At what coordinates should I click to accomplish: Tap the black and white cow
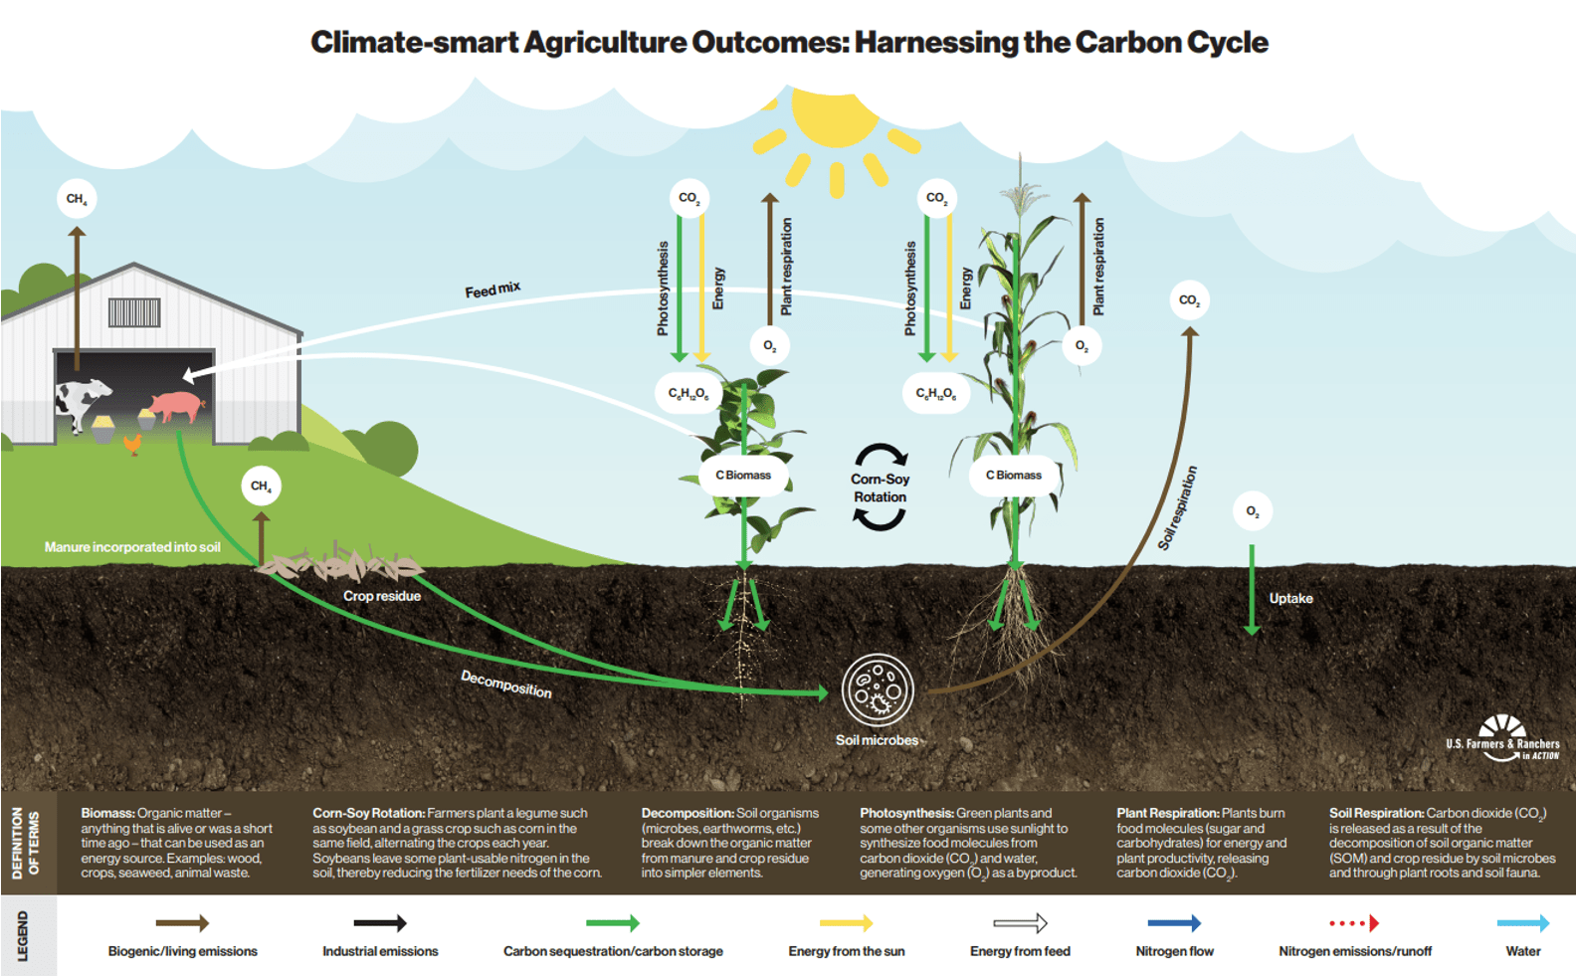82,400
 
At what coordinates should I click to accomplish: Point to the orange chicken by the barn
132,443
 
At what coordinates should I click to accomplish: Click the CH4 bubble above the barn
77,199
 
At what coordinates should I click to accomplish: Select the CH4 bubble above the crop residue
261,487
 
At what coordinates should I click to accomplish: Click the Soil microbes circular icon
877,689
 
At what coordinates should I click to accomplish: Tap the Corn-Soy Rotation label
880,488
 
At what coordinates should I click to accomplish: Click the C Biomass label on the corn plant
1013,476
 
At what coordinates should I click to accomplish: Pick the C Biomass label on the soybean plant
742,476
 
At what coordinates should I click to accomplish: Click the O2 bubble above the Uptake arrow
1252,512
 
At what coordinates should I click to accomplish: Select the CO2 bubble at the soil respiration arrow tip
1189,300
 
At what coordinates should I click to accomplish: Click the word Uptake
1290,598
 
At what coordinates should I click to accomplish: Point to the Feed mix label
492,290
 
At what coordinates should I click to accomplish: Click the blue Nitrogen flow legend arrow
1174,923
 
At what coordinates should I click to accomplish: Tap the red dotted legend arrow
1354,923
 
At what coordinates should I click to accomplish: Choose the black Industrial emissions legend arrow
380,923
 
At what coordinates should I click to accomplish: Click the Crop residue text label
382,596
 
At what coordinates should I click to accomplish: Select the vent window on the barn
134,312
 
